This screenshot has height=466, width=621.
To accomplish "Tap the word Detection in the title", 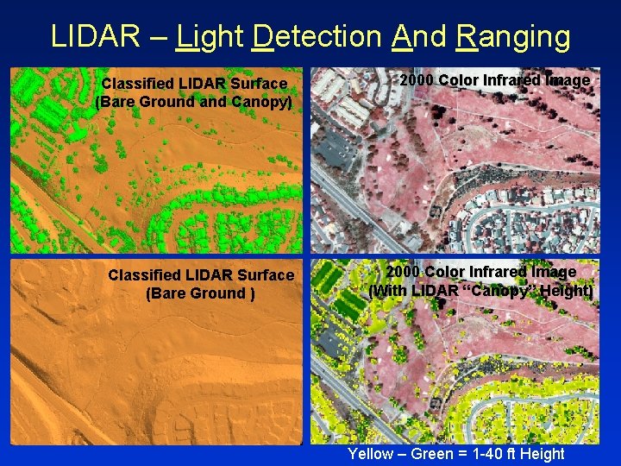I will (x=317, y=36).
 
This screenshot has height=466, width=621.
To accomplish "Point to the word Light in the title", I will (x=210, y=36).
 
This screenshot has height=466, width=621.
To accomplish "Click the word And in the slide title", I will (x=418, y=36).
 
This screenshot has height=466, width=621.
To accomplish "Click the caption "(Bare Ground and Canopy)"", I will (x=194, y=102).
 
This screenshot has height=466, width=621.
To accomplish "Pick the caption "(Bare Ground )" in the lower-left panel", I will (x=200, y=293).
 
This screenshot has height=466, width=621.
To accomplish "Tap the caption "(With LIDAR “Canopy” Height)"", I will (x=480, y=291).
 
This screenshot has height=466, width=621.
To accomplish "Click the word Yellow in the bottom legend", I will (x=369, y=454).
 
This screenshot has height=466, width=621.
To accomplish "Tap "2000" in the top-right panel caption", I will (x=417, y=80).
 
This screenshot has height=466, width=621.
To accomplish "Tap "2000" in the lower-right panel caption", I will (x=403, y=272).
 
